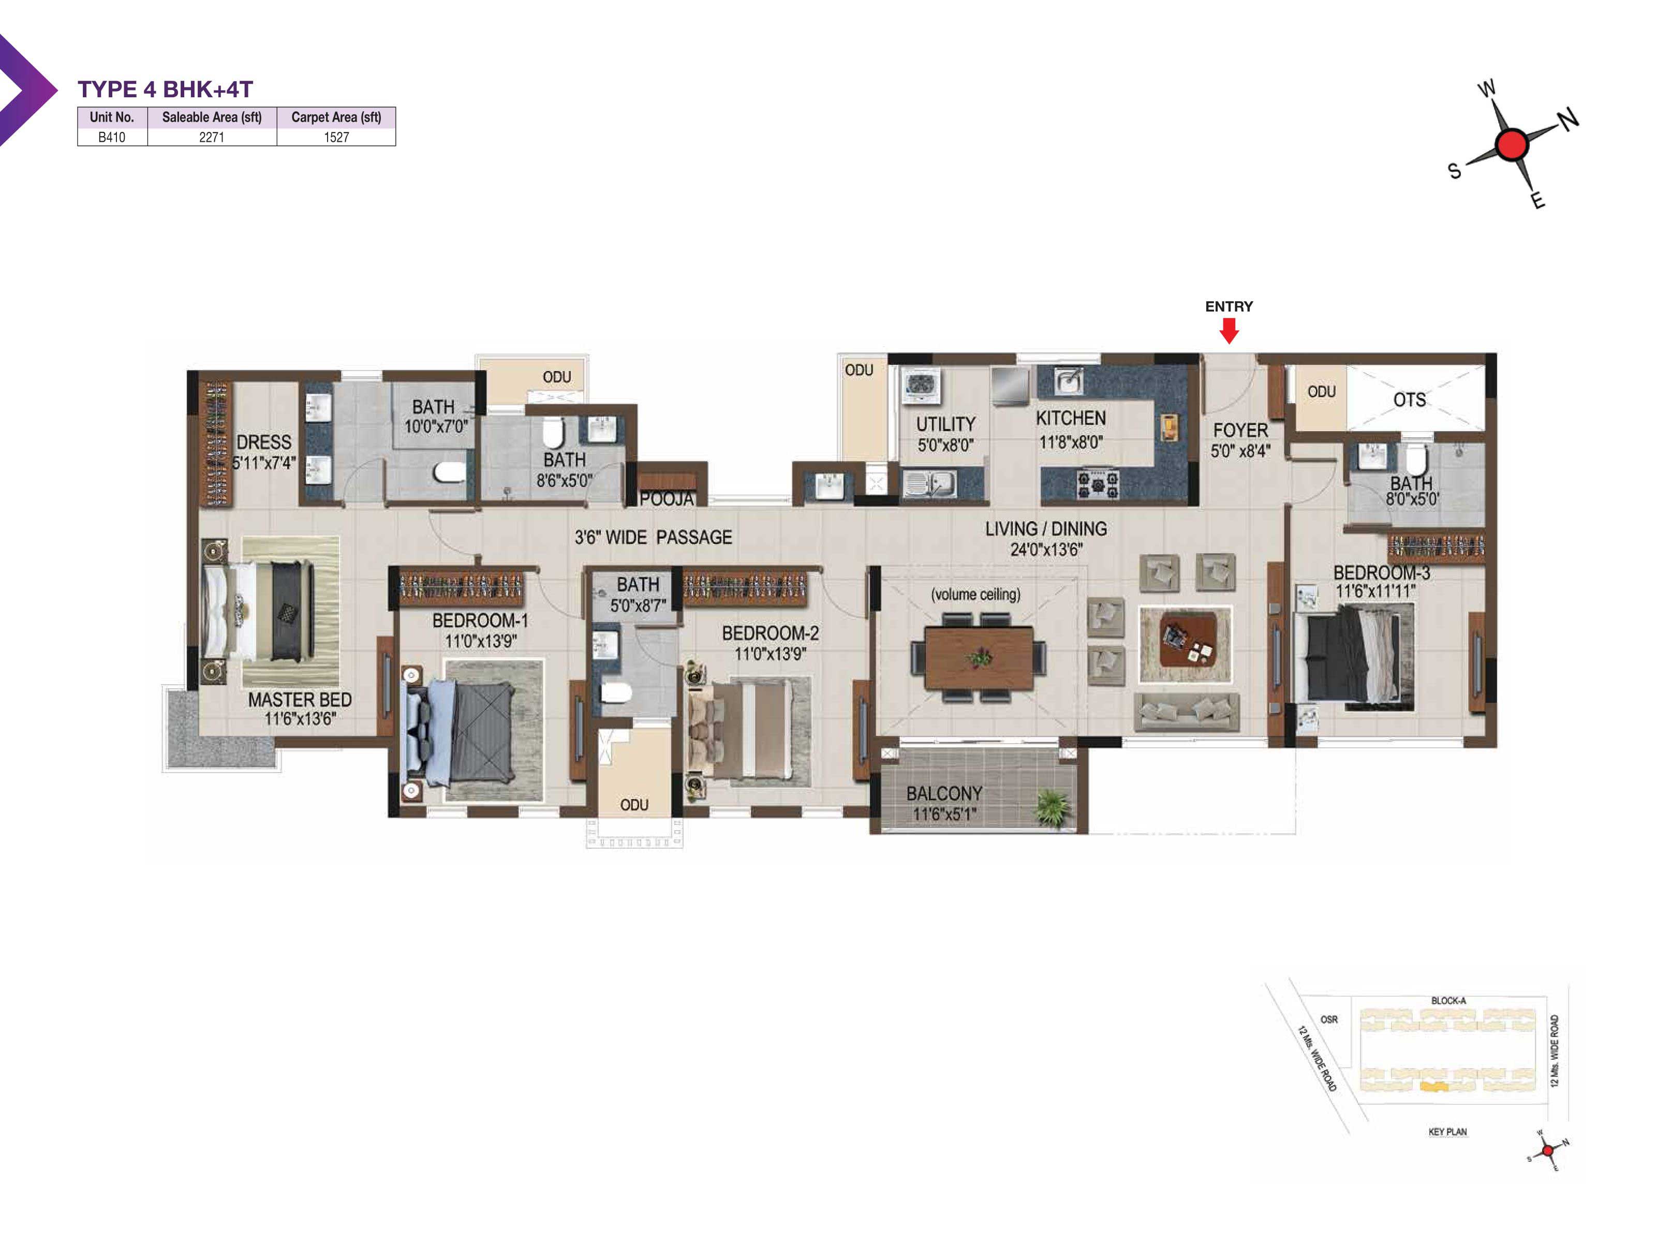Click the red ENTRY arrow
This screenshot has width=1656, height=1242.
pyautogui.click(x=1229, y=330)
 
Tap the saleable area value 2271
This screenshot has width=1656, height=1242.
pyautogui.click(x=211, y=137)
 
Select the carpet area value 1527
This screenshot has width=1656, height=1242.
pyautogui.click(x=336, y=137)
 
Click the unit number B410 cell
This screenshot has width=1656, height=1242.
pyautogui.click(x=112, y=137)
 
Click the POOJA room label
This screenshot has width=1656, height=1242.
pyautogui.click(x=667, y=498)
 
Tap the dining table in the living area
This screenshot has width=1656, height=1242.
pyautogui.click(x=979, y=657)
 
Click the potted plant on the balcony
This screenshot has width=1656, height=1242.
pyautogui.click(x=1053, y=808)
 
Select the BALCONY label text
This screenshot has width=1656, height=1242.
pyautogui.click(x=944, y=793)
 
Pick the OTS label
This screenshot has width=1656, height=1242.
pyautogui.click(x=1409, y=400)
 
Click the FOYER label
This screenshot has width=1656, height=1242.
pyautogui.click(x=1240, y=431)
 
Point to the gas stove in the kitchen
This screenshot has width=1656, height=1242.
pyautogui.click(x=1098, y=484)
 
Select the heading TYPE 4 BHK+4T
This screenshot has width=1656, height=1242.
pyautogui.click(x=166, y=89)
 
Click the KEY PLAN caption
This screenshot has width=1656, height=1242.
pyautogui.click(x=1447, y=1131)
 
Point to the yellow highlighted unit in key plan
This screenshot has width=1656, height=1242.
pyautogui.click(x=1433, y=1086)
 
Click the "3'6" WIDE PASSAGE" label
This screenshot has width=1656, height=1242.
pyautogui.click(x=653, y=537)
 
